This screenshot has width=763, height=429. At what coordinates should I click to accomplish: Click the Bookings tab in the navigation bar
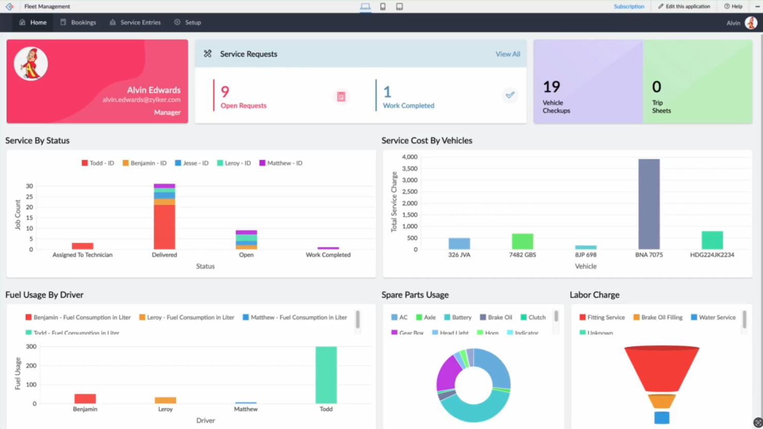pos(83,23)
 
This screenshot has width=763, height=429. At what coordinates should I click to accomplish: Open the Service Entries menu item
pos(140,23)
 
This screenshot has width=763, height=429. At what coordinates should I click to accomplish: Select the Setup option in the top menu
pos(192,23)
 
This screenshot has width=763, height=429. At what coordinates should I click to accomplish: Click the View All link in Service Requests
pos(507,54)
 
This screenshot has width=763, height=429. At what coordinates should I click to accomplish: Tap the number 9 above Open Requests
pos(225,92)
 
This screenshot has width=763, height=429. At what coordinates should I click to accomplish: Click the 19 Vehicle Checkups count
pos(551,87)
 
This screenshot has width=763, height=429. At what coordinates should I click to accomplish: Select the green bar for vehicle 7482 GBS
pos(522,242)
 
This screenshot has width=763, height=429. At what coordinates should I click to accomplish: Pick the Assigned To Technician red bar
pos(82,246)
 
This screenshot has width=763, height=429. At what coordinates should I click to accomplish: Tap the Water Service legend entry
pos(717,318)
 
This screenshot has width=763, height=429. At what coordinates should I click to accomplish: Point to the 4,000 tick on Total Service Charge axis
pos(409,157)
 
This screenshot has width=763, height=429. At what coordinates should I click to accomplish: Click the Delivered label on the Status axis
pos(164,255)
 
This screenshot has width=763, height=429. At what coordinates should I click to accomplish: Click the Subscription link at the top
pos(628,7)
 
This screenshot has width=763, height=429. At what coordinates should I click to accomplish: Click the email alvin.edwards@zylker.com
pos(141,100)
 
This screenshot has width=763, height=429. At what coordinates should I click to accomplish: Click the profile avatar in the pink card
pos(31,64)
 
